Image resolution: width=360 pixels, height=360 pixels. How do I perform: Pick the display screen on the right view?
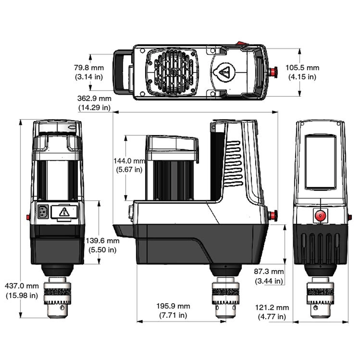tap(320, 163)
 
